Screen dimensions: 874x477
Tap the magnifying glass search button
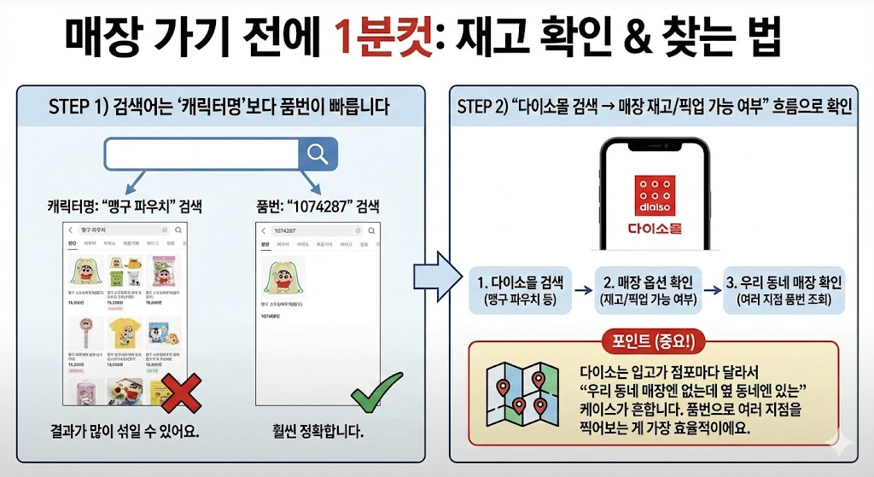tap(318, 154)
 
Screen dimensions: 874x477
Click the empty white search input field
tap(200, 154)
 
